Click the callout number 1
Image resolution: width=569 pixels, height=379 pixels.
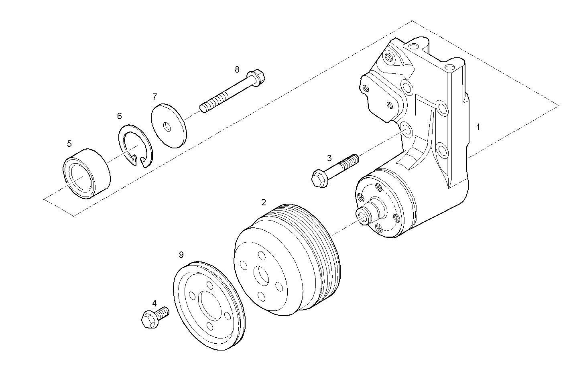[478, 127]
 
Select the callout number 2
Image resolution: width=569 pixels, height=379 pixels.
[263, 202]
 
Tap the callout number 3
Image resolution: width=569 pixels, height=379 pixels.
[329, 158]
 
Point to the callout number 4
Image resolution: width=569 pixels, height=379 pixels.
[154, 303]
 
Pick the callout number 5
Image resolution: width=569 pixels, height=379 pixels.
[69, 143]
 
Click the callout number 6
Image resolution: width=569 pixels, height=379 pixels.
[119, 116]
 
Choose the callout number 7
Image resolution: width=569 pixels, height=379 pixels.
[154, 96]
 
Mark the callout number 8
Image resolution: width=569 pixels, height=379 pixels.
[237, 69]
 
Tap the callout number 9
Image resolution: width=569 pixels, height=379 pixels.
[181, 254]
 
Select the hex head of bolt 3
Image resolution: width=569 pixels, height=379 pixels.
[319, 178]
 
